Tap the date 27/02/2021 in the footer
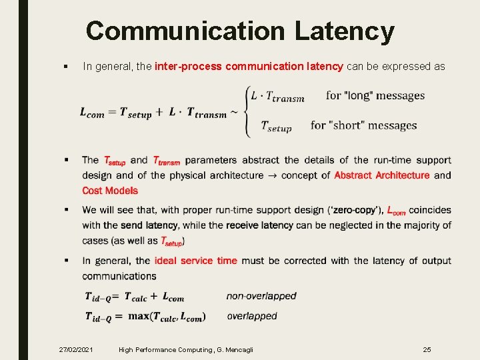[76, 349]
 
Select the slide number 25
[427, 349]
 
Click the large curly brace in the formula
[247, 111]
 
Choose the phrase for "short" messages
[363, 125]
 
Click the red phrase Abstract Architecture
[382, 175]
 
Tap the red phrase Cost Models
[110, 191]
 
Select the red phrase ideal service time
[195, 261]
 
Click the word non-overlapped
[261, 296]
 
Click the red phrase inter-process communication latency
[249, 66]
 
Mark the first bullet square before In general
[65, 67]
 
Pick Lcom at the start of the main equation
[92, 113]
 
